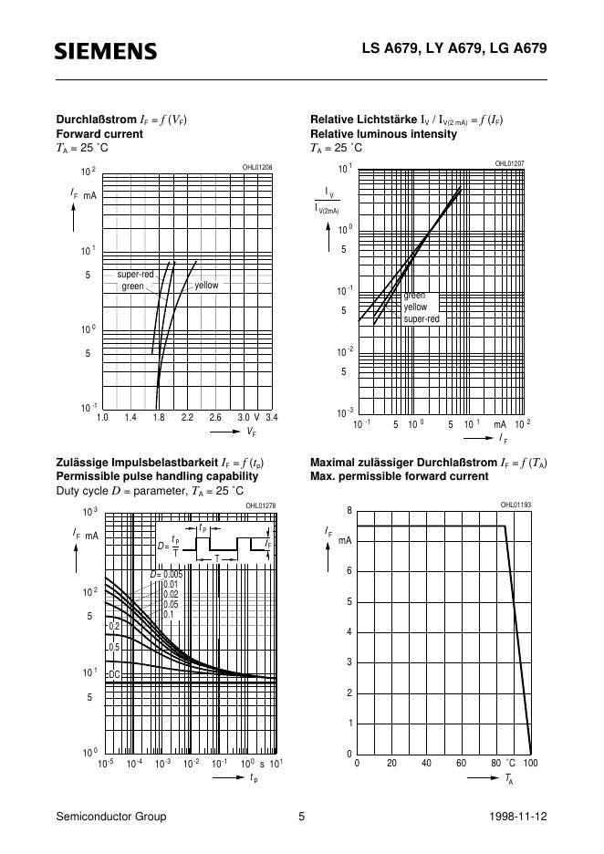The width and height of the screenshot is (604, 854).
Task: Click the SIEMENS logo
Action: [x=106, y=51]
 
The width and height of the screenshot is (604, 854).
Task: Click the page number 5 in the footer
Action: [x=301, y=817]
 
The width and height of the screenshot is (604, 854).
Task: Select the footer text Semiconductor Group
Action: [x=111, y=817]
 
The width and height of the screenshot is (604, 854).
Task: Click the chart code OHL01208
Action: [x=256, y=167]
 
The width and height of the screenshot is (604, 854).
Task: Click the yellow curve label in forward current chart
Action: [x=206, y=286]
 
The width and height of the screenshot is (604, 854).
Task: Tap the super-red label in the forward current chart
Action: [x=135, y=275]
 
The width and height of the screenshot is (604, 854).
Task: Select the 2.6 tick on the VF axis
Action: [x=216, y=417]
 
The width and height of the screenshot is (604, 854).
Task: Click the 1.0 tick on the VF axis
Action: [x=102, y=417]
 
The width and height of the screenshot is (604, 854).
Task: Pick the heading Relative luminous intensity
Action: [x=383, y=134]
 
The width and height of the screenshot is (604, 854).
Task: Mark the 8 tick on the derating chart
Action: [x=349, y=510]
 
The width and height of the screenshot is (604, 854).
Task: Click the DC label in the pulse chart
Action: [x=114, y=674]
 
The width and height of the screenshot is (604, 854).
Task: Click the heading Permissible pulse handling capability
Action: [x=158, y=476]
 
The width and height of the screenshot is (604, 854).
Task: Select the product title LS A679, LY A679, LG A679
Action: [x=474, y=50]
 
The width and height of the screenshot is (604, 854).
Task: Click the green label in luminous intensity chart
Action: [x=414, y=296]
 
